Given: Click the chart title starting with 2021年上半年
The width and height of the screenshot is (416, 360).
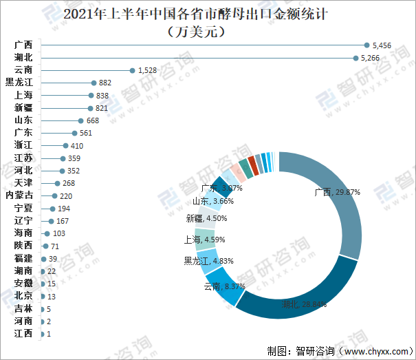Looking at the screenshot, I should pyautogui.click(x=206, y=14).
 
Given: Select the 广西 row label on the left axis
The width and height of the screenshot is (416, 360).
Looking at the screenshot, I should pyautogui.click(x=23, y=45).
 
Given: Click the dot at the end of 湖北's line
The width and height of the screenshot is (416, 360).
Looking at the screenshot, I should pyautogui.click(x=355, y=58).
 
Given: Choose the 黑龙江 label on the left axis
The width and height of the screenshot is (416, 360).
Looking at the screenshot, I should pyautogui.click(x=19, y=83).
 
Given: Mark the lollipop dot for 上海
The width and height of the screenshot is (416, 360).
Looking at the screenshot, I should pyautogui.click(x=90, y=96).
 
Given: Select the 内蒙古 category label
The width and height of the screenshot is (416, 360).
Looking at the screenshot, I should pyautogui.click(x=19, y=195).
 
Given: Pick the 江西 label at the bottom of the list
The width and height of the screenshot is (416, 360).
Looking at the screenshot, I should pyautogui.click(x=23, y=334).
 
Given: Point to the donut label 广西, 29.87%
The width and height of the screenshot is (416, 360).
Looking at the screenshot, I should pyautogui.click(x=337, y=193).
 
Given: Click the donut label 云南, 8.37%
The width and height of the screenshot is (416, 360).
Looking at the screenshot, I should pyautogui.click(x=221, y=286).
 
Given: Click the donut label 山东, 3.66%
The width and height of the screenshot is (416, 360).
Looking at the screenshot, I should pyautogui.click(x=213, y=201).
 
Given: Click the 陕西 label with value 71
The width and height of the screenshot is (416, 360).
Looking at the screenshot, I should pyautogui.click(x=23, y=246).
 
